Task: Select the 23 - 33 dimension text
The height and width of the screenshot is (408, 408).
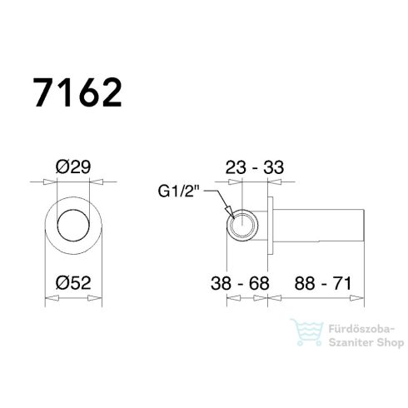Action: click(x=254, y=167)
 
